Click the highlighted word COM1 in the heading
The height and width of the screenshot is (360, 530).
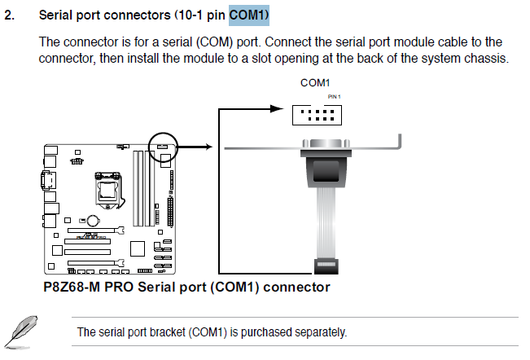pyautogui.click(x=247, y=15)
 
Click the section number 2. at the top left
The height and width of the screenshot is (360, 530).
pyautogui.click(x=11, y=15)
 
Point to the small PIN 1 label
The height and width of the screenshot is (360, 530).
pyautogui.click(x=334, y=96)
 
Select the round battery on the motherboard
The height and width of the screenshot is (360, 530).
pyautogui.click(x=94, y=221)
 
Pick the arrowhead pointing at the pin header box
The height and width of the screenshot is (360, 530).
pyautogui.click(x=286, y=114)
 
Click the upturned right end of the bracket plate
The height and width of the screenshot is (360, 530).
pyautogui.click(x=398, y=142)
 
